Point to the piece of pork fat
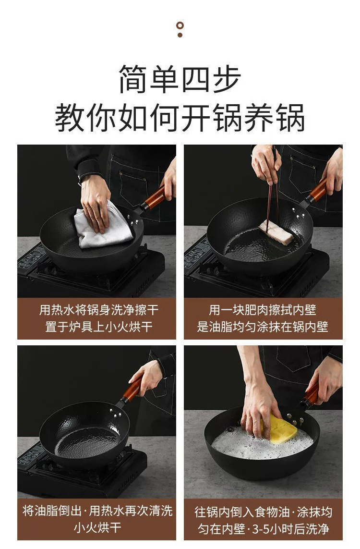point(276,232)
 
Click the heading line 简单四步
point(180,79)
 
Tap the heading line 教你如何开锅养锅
point(180,117)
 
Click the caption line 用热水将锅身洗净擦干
point(99,310)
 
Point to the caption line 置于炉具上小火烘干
point(99,327)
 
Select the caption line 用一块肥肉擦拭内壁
point(263,310)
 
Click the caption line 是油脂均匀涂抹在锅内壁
point(263,327)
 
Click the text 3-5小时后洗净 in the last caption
point(290,528)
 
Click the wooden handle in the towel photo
point(155,198)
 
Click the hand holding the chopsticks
point(266,163)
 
